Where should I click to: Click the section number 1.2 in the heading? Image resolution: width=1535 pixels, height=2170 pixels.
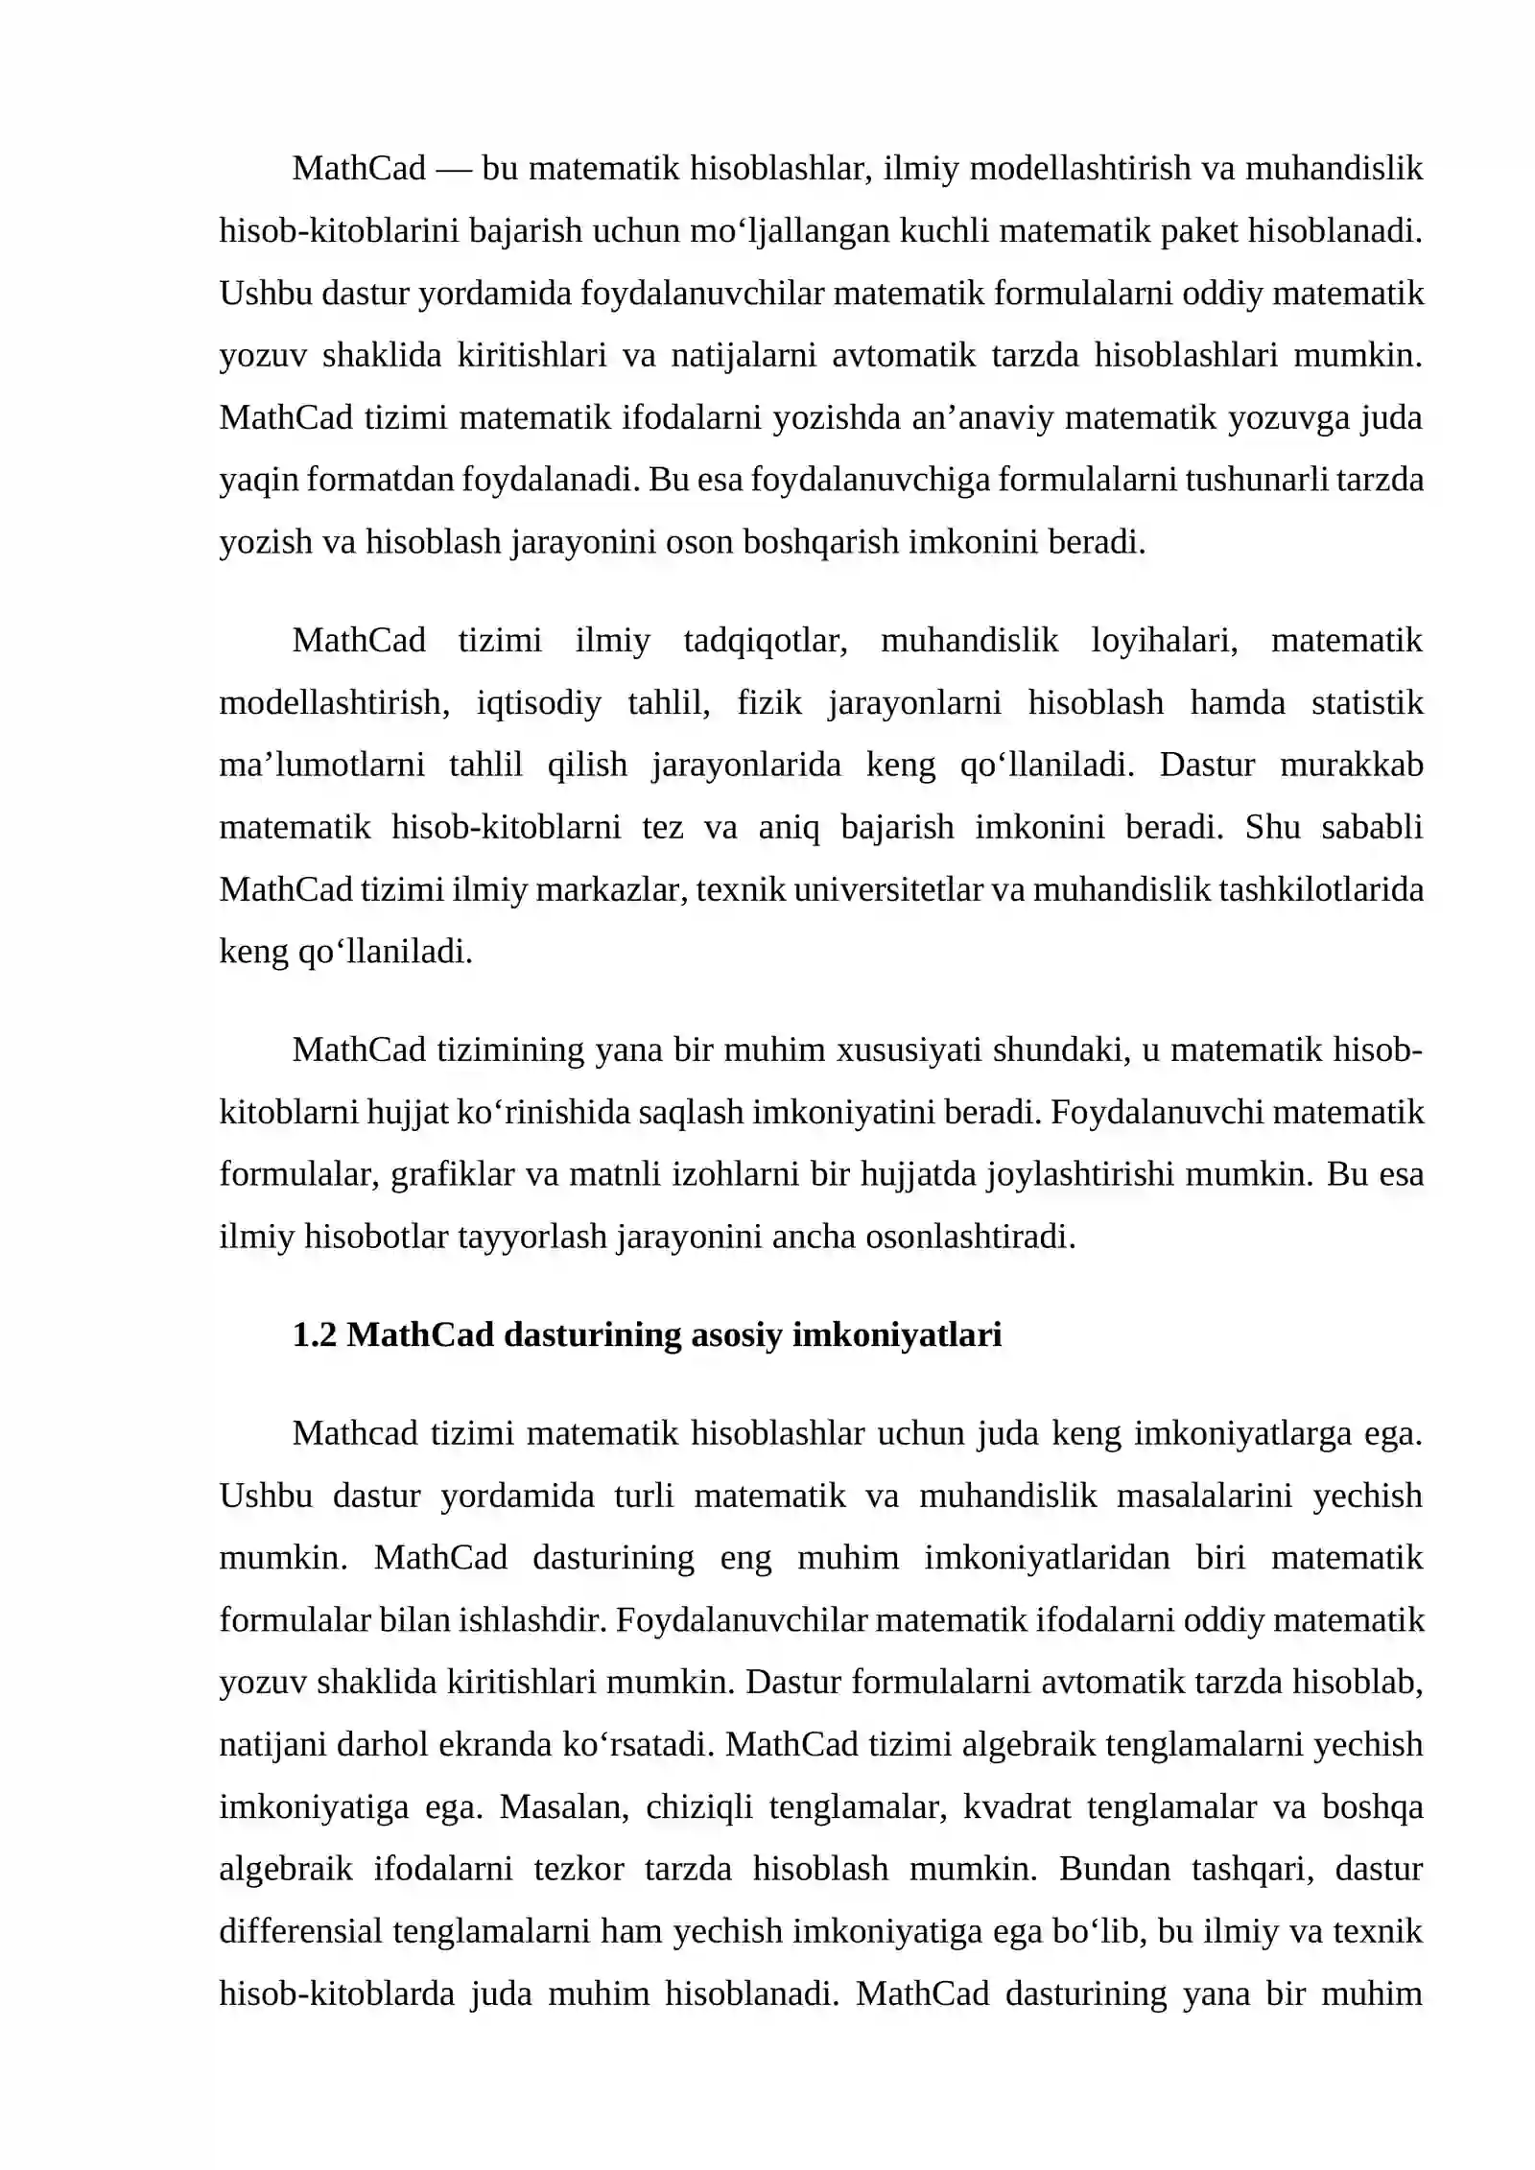coord(315,1334)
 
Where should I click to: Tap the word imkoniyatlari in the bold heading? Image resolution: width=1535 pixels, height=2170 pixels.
coord(897,1334)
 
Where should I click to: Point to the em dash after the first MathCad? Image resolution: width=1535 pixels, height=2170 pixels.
coord(454,169)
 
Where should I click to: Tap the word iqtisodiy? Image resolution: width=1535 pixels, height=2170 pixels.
coord(538,703)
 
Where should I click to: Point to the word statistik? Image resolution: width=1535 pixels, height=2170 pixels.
coord(1367,703)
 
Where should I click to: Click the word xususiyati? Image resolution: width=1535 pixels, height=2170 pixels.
coord(909,1050)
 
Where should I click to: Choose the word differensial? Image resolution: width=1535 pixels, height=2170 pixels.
coord(301,1932)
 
